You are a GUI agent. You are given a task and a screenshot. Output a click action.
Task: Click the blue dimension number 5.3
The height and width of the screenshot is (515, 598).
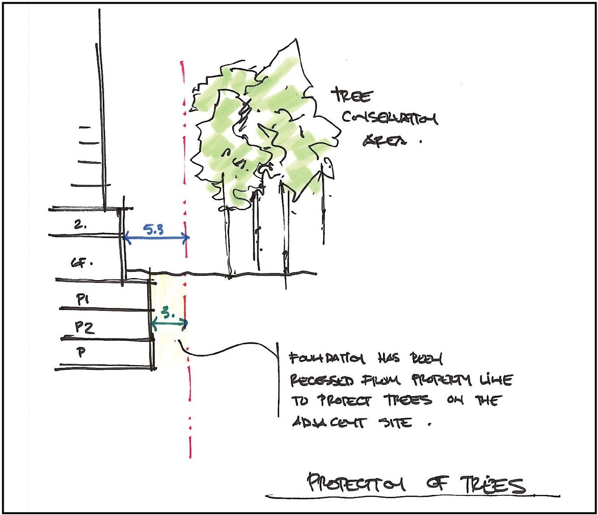point(153,229)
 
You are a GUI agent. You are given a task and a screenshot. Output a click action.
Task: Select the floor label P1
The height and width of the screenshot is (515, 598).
point(83,300)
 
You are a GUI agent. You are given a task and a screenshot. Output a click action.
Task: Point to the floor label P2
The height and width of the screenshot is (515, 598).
point(85,327)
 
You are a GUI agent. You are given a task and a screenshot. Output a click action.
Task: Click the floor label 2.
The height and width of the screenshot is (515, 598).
point(80,225)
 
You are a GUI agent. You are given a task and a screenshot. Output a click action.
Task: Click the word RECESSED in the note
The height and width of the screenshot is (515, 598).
point(322,380)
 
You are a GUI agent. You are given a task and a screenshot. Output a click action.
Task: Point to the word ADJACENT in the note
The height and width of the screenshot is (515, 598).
point(329,423)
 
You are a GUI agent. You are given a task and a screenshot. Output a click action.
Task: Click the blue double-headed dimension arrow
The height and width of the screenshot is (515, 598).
point(156,238)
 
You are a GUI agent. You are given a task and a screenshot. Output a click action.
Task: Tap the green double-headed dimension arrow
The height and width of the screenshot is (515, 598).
point(169,322)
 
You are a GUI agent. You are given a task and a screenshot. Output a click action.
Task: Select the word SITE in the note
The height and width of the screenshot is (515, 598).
point(397,423)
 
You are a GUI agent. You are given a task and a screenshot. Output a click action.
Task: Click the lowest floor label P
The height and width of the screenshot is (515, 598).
point(82,352)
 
